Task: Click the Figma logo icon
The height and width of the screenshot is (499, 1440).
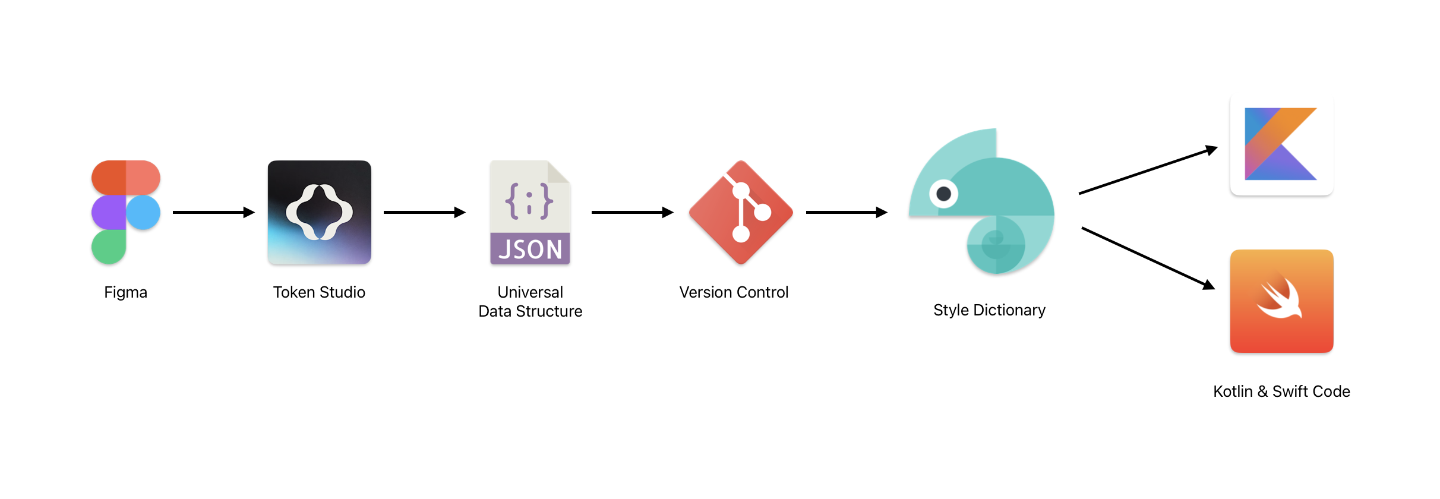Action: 125,212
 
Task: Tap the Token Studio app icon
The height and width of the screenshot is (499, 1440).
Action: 320,212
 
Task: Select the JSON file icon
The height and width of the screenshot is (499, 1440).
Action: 530,212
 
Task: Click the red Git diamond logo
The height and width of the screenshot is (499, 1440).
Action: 741,212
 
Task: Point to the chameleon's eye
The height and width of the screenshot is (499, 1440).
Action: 943,194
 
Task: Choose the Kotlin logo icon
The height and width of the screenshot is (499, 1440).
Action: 1281,144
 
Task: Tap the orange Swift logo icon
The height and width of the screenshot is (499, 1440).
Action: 1281,301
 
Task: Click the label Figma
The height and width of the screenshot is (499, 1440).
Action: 125,292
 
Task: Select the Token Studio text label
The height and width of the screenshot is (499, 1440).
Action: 319,292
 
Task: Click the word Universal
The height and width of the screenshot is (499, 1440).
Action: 530,292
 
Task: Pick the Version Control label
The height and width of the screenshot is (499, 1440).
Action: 734,292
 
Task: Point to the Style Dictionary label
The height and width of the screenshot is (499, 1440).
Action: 989,310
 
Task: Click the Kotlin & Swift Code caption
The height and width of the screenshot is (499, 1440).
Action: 1281,391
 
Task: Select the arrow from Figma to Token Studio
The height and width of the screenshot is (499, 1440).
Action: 213,212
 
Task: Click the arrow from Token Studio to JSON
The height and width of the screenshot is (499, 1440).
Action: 424,212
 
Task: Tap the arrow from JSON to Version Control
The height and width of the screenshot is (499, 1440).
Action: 632,212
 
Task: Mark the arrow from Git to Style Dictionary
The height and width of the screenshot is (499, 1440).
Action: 846,212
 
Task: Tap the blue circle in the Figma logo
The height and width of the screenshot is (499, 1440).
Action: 143,213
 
